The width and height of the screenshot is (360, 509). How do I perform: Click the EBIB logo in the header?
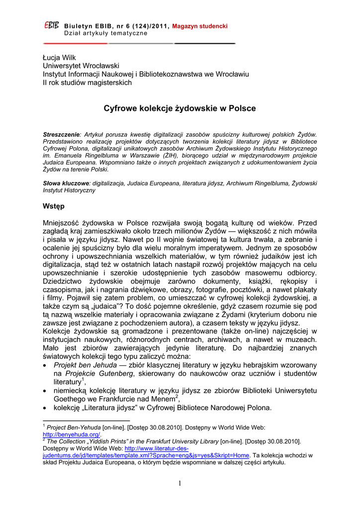(52, 25)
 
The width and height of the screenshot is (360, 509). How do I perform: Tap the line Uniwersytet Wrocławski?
(81, 66)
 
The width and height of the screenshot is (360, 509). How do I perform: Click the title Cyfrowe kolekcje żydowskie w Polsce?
(180, 108)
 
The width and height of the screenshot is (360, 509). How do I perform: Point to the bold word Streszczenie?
(62, 134)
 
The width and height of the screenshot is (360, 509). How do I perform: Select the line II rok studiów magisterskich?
(87, 82)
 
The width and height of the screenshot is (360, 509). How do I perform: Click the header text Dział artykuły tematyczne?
(106, 33)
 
